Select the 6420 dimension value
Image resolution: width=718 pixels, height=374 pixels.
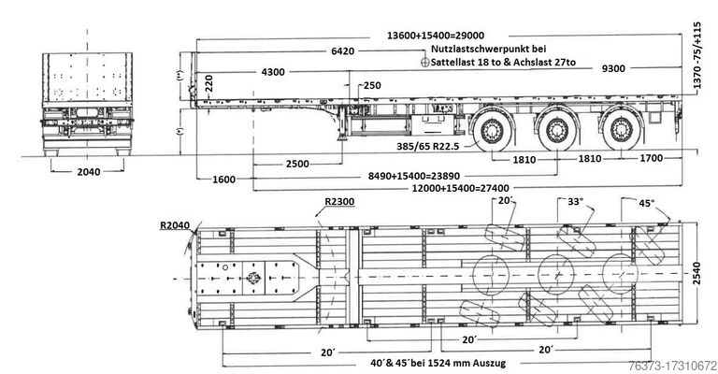pos(342,51)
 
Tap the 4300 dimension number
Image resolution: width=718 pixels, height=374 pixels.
pos(274,72)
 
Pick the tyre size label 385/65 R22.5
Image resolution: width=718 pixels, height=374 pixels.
pos(415,146)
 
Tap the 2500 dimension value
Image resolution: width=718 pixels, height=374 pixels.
pos(297,164)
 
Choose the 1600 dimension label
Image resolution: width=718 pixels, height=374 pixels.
pos(224,179)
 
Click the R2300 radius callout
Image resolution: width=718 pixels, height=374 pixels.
pos(338,201)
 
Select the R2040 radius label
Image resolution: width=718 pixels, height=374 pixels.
pos(175,224)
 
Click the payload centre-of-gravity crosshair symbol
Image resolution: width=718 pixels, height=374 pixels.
pos(425,63)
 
